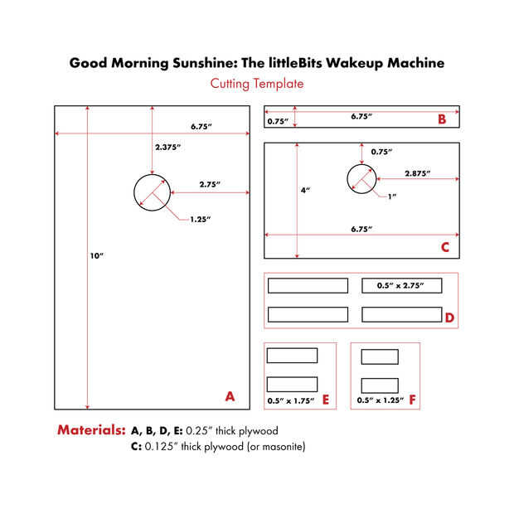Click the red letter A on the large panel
pos(230,396)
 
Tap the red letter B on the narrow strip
pos(442,119)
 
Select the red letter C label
pos(444,246)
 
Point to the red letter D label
pos(449,317)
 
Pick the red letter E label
pos(326,400)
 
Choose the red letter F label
pos(412,400)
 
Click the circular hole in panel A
pos(152,192)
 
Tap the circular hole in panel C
pos(361,177)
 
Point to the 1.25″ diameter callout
pos(200,219)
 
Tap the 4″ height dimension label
pos(305,190)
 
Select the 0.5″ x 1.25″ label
pos(379,400)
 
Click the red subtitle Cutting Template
pos(256,84)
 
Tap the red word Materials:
pos(91,430)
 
